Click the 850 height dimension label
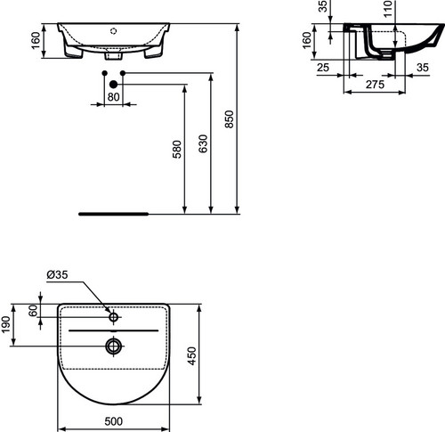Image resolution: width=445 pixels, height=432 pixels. (230, 119)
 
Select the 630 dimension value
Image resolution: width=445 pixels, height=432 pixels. (203, 143)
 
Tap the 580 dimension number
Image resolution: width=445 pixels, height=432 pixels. (177, 150)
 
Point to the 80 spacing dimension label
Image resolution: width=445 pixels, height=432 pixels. (113, 97)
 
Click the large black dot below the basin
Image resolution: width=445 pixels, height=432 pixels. (113, 85)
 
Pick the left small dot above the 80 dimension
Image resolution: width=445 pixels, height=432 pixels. (104, 73)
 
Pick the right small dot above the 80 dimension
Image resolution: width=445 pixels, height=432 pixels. (123, 73)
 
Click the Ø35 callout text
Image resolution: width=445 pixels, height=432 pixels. (57, 275)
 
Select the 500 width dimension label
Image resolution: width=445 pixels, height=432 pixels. (114, 421)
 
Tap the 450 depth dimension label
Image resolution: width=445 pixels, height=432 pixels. (192, 356)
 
